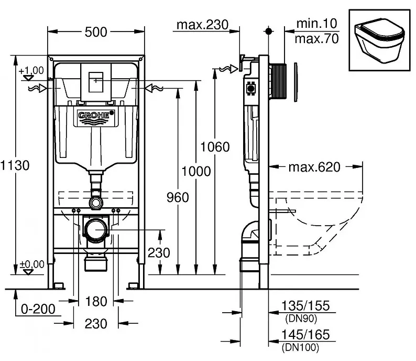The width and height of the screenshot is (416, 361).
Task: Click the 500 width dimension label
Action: pos(96,32)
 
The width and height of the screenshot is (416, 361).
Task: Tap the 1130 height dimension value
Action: pos(15,165)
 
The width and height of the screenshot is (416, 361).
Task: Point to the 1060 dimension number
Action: pos(215,147)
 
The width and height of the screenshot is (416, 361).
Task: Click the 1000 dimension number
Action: pos(196,172)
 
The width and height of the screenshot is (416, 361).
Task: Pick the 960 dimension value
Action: pos(178,197)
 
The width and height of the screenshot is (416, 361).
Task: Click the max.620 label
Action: pos(314,167)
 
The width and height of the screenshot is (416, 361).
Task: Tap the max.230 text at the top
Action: pos(202,25)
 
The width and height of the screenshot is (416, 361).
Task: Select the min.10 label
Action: pos(317,24)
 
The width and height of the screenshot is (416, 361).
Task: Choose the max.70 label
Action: pos(317,39)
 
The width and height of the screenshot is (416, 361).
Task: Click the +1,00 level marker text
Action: pos(31,71)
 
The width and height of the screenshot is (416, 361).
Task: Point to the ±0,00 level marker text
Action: pos(32,264)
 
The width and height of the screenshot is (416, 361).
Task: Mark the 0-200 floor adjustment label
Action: pos(38,309)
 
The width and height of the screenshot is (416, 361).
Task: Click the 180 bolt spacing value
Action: pos(96,302)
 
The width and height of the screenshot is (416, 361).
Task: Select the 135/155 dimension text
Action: pos(305,305)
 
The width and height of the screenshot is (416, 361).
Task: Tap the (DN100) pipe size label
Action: pos(300,347)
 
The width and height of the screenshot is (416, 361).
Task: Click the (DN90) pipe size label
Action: pos(301,318)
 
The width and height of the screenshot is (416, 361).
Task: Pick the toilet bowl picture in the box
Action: pos(379,40)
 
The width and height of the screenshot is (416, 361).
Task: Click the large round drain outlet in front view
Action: pos(96,229)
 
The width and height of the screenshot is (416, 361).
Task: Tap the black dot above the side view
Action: pos(269,31)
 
